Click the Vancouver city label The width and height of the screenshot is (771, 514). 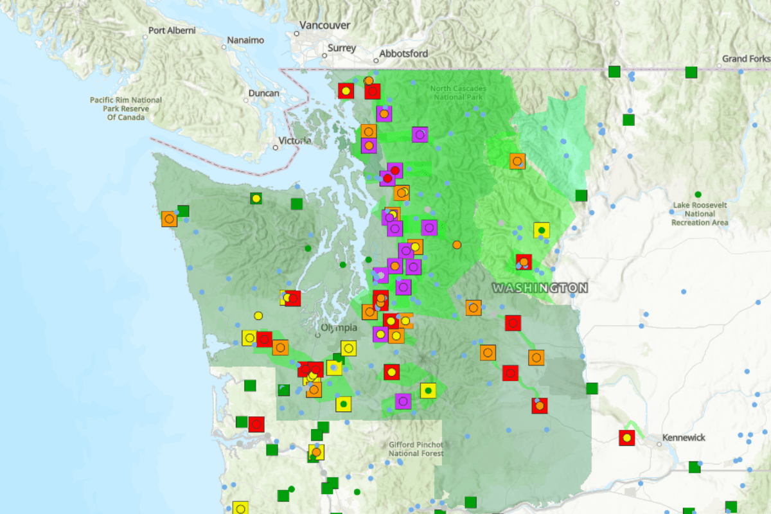tap(325, 25)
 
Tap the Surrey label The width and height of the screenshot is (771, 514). tap(341, 48)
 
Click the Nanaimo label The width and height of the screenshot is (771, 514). tap(245, 40)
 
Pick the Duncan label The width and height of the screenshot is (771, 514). tap(263, 93)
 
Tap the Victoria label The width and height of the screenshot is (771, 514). tap(296, 141)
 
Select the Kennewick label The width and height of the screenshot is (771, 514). tap(684, 438)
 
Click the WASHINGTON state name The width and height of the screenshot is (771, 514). tap(540, 288)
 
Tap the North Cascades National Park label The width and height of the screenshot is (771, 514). tap(458, 93)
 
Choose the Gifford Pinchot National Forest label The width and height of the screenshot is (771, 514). tap(416, 449)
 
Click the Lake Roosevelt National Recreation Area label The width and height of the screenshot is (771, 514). tap(700, 213)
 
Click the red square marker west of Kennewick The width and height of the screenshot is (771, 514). tap(626, 438)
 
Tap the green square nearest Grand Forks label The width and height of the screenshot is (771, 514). tap(691, 72)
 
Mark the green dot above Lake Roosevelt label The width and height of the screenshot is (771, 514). tap(698, 194)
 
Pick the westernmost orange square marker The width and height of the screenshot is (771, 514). tap(169, 218)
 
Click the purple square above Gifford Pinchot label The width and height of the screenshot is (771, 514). tap(403, 401)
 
